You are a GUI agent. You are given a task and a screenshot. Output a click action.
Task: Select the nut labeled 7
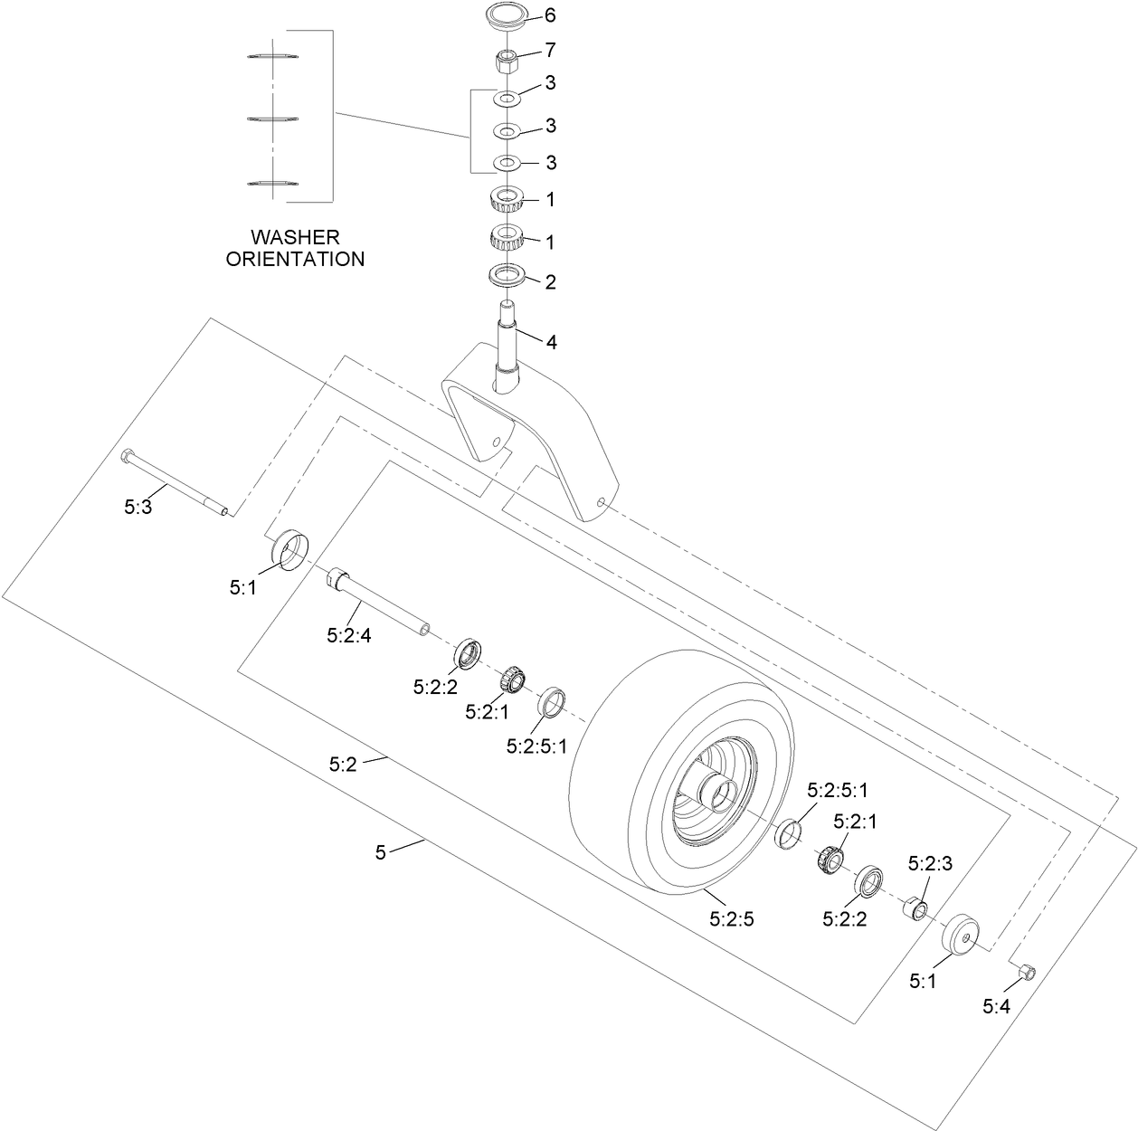click(x=507, y=63)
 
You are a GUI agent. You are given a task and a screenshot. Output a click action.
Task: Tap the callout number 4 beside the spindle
click(x=551, y=342)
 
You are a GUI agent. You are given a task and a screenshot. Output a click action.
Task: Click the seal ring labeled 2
click(x=507, y=274)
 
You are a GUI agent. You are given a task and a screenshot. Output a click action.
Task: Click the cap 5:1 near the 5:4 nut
click(x=960, y=935)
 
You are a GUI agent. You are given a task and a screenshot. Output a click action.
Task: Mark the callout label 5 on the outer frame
click(x=381, y=852)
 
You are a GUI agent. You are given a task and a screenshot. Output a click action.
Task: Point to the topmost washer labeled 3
click(x=507, y=97)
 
